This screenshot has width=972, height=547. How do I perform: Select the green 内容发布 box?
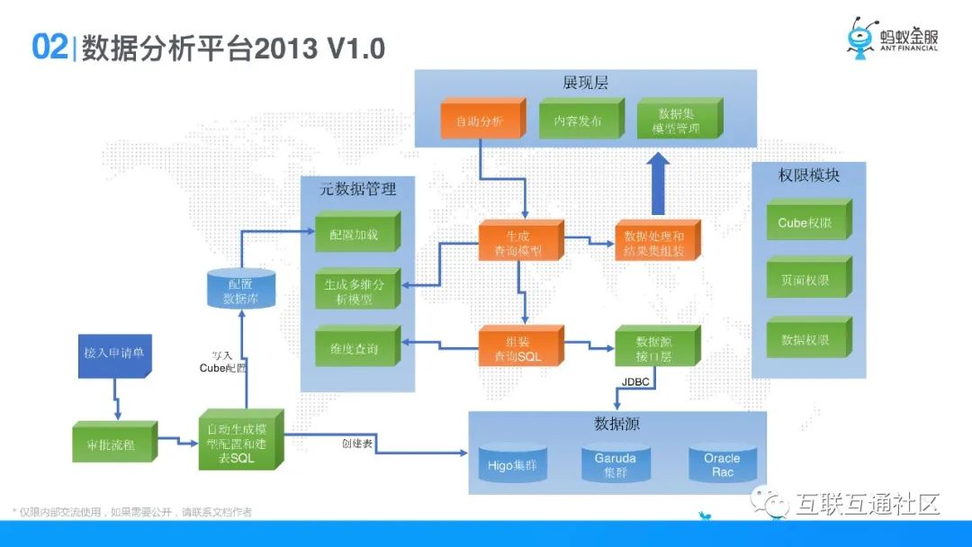(x=578, y=120)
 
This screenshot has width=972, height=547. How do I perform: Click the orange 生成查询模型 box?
(x=521, y=243)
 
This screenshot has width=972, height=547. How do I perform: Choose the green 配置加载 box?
(x=357, y=233)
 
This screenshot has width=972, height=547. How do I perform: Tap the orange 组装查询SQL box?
(x=521, y=349)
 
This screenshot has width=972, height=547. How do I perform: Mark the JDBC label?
(x=636, y=381)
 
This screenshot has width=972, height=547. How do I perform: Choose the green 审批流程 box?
(x=113, y=443)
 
